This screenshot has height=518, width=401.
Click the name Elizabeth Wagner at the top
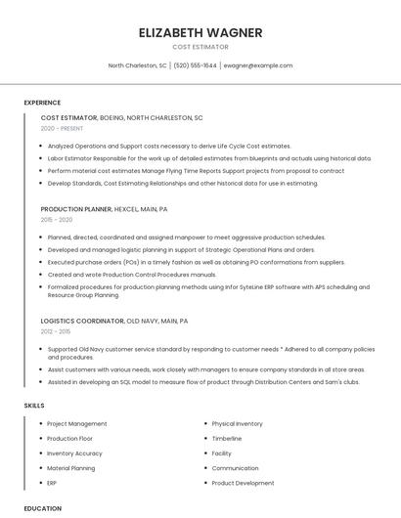(200, 32)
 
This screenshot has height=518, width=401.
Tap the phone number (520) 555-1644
(196, 65)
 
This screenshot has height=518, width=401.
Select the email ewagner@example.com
(257, 65)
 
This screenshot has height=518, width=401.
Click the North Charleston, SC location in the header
(137, 65)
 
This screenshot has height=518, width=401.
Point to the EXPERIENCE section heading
(42, 103)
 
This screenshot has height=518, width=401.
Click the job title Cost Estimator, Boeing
(121, 117)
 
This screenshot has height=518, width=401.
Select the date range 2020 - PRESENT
(63, 128)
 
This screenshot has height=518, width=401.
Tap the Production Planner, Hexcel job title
(104, 209)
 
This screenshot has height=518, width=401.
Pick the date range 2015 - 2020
(57, 220)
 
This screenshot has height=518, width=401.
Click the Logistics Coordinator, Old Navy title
(113, 321)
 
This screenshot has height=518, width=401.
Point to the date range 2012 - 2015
(57, 331)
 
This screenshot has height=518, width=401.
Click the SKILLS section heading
(33, 405)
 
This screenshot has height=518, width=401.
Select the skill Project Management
(77, 424)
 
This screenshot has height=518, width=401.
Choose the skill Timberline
(227, 439)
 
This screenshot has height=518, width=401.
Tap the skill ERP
(53, 483)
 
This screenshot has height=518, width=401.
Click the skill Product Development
(243, 483)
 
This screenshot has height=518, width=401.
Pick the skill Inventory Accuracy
(74, 453)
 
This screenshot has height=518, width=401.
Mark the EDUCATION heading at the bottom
(42, 508)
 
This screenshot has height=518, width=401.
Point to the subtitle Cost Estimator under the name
(200, 47)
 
